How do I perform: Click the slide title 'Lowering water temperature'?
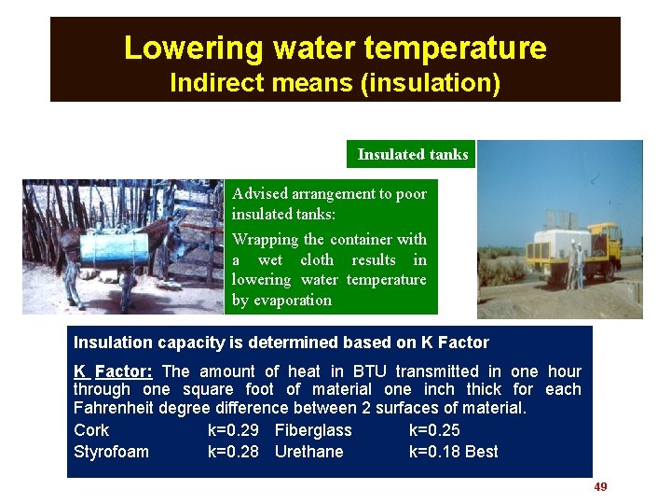click(x=335, y=48)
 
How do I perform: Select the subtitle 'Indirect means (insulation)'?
click(x=335, y=83)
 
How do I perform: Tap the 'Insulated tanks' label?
click(x=413, y=154)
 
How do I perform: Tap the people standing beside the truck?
click(x=576, y=266)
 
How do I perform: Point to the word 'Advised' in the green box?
click(x=260, y=193)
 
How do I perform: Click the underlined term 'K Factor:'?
click(x=113, y=371)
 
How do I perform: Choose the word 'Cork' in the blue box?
click(x=91, y=430)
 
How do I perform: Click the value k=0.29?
click(x=233, y=430)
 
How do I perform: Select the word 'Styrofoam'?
click(x=111, y=452)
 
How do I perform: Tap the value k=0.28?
click(x=233, y=452)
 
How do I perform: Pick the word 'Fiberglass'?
click(x=313, y=430)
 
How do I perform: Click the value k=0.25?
click(x=434, y=430)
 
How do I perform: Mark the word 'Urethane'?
click(x=308, y=452)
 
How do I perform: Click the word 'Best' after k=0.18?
click(x=482, y=452)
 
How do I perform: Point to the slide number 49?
click(x=600, y=487)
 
